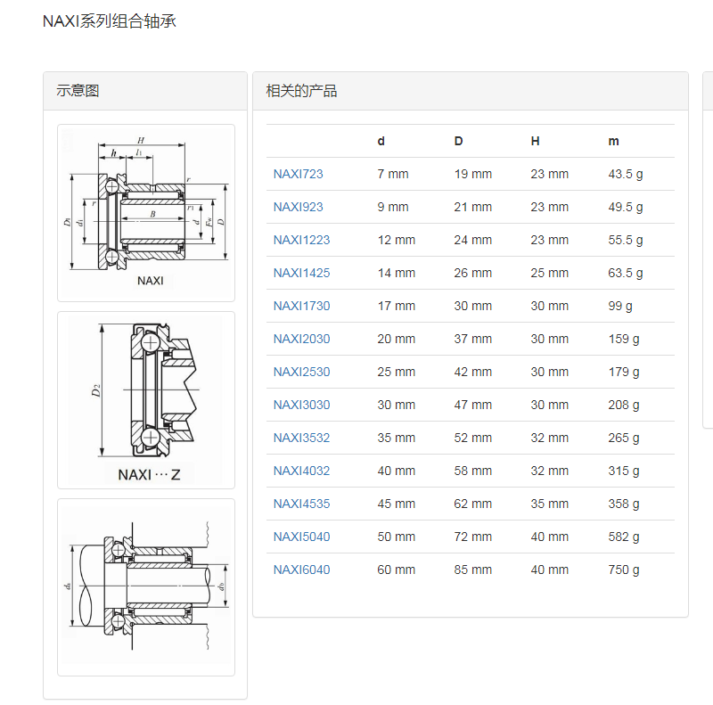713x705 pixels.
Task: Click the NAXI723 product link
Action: click(x=298, y=174)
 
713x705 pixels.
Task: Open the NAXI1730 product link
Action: click(x=301, y=306)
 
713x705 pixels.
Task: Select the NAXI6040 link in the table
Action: click(x=301, y=570)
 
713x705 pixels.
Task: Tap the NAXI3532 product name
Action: click(x=301, y=438)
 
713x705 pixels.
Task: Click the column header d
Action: click(x=381, y=141)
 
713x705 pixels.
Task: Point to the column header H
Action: click(x=536, y=141)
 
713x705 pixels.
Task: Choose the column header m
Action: click(x=613, y=142)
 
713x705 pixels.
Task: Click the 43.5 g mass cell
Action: click(x=626, y=174)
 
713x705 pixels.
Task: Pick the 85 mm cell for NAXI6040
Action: click(x=473, y=570)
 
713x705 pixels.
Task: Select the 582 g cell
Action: click(x=623, y=537)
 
